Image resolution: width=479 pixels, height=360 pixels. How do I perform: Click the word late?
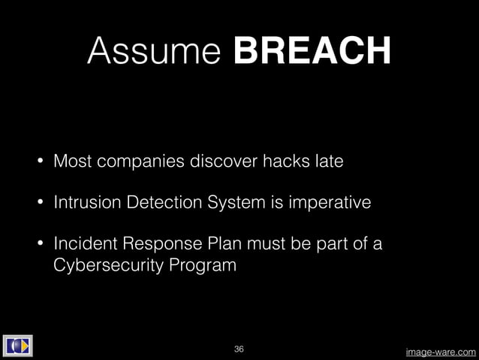click(328, 162)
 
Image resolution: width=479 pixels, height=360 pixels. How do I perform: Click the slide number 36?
click(239, 349)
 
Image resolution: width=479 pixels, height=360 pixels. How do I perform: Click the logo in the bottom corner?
click(17, 346)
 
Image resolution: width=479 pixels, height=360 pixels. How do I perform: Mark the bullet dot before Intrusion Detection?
click(41, 204)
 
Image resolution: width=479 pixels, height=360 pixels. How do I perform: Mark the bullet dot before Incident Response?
click(41, 245)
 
